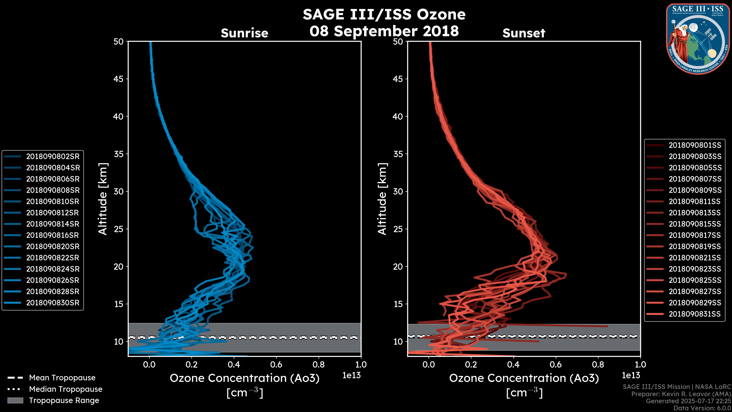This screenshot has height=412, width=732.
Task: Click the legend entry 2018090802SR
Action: pos(53,156)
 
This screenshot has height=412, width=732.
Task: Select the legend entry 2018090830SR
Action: pos(53,303)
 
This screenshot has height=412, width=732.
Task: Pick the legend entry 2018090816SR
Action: pos(53,235)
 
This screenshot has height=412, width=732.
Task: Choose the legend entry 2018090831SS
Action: pos(694,314)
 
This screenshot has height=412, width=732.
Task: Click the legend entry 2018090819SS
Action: pos(694,246)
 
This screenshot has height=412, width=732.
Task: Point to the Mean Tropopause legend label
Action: pos(62,378)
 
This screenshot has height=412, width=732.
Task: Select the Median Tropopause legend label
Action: pos(66,389)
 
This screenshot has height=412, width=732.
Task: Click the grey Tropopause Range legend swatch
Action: pos(15,400)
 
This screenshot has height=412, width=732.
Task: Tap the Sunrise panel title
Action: pos(244,33)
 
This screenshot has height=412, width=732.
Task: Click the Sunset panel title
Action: pos(524,33)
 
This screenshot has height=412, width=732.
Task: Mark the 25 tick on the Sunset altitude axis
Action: pos(398,229)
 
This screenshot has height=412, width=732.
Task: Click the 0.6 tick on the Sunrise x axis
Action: pos(276,365)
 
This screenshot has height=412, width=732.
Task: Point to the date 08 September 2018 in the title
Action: pos(384,31)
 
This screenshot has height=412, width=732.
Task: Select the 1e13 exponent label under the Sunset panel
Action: pos(631,375)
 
